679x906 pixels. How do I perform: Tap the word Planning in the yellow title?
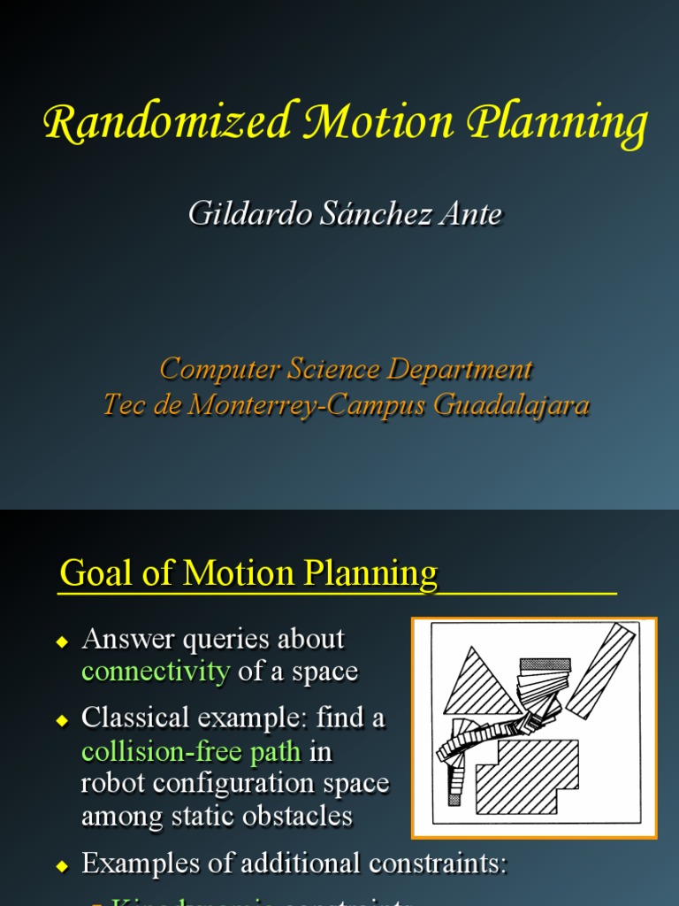pos(558,123)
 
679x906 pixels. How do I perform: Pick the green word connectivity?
pos(156,672)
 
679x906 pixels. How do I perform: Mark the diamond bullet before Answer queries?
pos(62,641)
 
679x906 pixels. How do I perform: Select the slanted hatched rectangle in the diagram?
pos(601,670)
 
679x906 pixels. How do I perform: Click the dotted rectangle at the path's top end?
pos(545,664)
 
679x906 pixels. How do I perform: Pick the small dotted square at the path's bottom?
pos(454,799)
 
